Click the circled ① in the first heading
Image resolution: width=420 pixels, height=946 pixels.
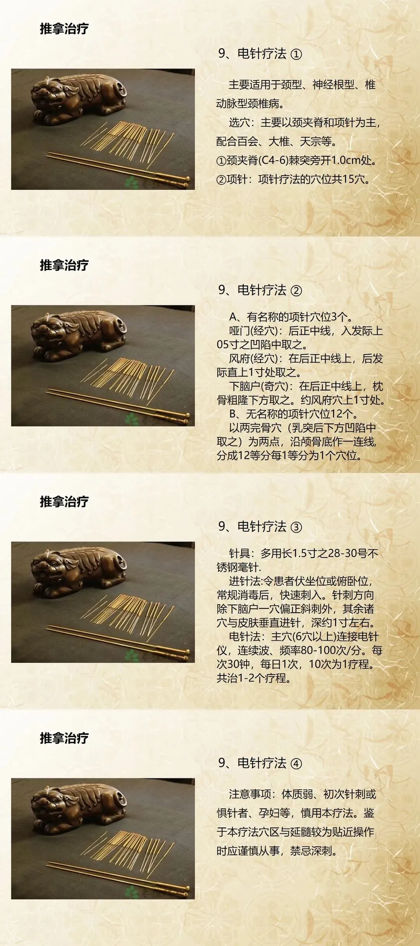pos(296,54)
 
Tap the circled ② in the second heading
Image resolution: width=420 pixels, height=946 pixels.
pos(296,291)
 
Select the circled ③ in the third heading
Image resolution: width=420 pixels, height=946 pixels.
pos(296,527)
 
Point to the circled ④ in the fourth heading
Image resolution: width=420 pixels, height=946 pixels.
pos(296,764)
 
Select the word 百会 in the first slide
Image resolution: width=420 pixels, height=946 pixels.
pos(247,141)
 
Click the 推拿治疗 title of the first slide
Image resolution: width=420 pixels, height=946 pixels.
pos(64,29)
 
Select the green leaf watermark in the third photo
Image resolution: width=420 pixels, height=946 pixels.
pos(132,655)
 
